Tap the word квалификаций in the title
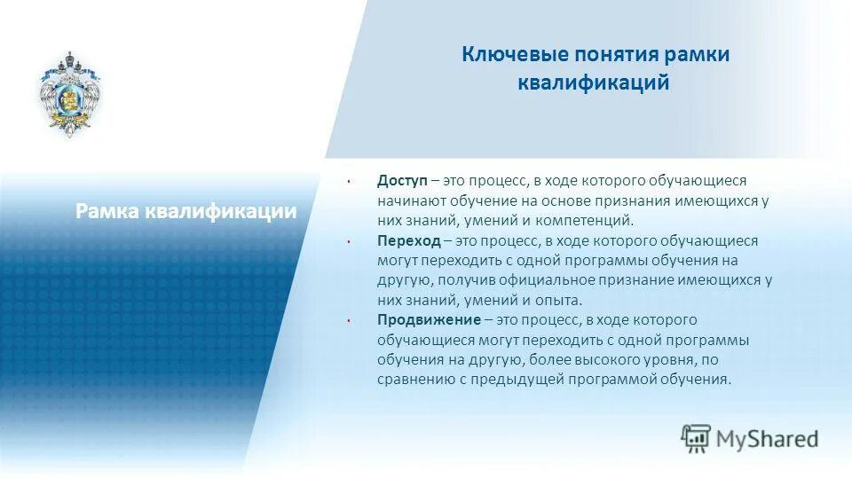594,83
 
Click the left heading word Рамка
106,211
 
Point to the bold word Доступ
403,181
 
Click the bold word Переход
407,240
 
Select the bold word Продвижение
428,319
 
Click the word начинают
409,200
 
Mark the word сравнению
411,379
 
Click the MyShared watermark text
768,438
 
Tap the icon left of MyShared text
697,438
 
